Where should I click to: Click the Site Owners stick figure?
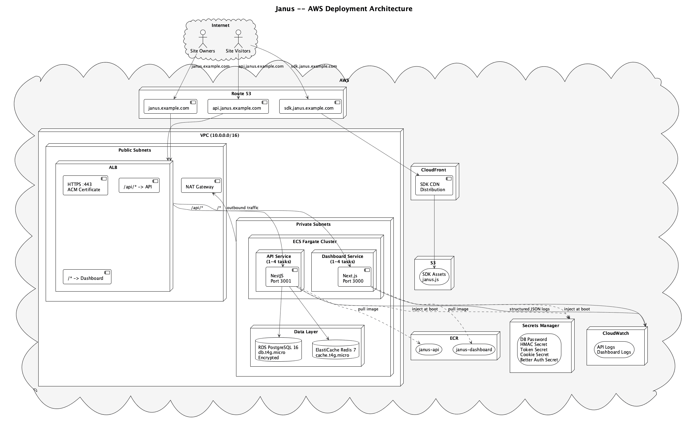point(202,39)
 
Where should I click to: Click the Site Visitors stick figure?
point(238,39)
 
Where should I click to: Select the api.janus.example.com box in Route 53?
point(238,107)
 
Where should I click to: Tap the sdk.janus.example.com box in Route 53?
point(310,107)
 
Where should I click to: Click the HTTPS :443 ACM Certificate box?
point(85,186)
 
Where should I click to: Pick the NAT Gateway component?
point(201,185)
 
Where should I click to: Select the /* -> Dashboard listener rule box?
point(87,277)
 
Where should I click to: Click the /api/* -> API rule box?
point(139,185)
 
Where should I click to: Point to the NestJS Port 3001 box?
point(282,277)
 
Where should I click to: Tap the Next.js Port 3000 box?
point(354,277)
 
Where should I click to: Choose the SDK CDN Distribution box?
point(434,186)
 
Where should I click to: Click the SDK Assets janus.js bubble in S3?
point(434,277)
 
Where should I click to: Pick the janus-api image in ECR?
point(429,350)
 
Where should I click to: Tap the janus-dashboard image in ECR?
point(474,350)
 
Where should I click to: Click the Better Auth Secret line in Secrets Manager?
point(539,360)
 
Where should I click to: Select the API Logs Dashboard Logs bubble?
point(614,350)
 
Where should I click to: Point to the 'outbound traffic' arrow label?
point(243,208)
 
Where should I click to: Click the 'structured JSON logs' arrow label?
point(529,309)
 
